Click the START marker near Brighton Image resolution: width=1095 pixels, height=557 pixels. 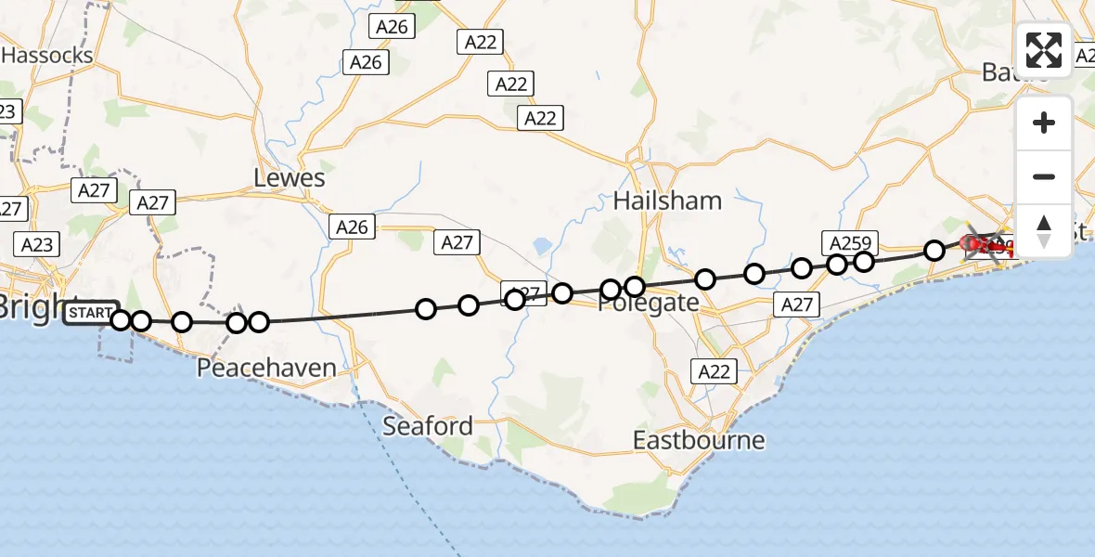coord(91,314)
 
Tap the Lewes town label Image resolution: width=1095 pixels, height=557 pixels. coord(290,177)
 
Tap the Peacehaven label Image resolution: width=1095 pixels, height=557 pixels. coord(266,368)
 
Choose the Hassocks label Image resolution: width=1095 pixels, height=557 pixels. coord(47,55)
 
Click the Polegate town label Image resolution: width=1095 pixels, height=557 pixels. coord(648,303)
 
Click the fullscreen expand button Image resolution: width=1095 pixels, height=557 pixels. coord(1044,50)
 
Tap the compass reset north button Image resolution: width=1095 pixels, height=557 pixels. coord(1044,230)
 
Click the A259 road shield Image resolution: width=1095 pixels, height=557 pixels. coord(848,243)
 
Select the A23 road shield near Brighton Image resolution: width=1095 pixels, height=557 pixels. coord(36,244)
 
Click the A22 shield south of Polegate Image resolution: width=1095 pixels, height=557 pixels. coord(714,371)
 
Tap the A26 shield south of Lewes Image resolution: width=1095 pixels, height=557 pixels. coord(353,227)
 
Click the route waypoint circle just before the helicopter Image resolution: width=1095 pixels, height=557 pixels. coord(934,250)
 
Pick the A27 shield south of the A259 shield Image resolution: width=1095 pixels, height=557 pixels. coord(796,304)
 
